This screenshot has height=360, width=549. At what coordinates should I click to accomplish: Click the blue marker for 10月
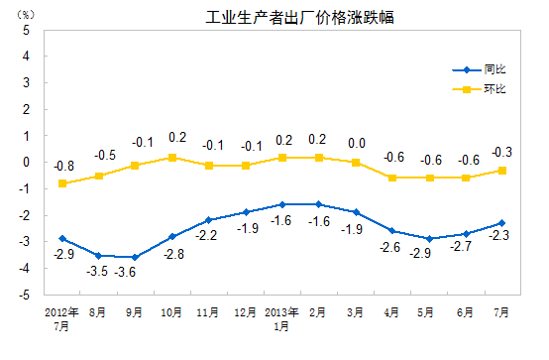(171, 236)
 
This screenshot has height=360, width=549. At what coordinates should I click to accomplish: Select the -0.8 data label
(62, 166)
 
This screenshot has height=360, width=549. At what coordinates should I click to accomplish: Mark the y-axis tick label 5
(29, 30)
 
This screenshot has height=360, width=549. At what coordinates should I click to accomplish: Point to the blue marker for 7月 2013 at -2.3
(502, 223)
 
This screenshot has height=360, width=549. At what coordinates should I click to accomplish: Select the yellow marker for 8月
(98, 176)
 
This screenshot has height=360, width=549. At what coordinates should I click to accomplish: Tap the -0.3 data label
(502, 152)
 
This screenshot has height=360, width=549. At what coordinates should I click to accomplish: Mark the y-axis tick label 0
(29, 162)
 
